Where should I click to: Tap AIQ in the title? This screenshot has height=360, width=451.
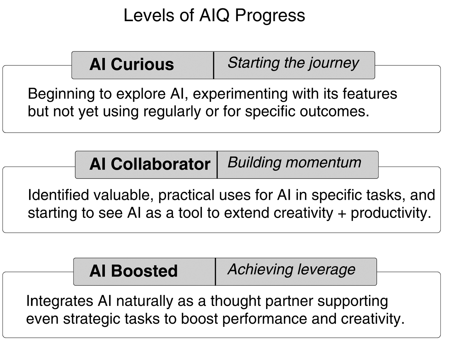pyautogui.click(x=214, y=15)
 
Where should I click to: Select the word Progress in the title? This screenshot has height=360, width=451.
pyautogui.click(x=270, y=16)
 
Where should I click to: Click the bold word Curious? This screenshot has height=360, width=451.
pyautogui.click(x=142, y=64)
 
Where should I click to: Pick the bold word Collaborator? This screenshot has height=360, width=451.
pyautogui.click(x=160, y=164)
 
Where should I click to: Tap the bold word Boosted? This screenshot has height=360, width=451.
pyautogui.click(x=144, y=271)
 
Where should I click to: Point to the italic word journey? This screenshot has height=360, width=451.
pyautogui.click(x=334, y=63)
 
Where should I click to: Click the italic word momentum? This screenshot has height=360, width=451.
pyautogui.click(x=323, y=162)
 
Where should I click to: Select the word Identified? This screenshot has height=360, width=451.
pyautogui.click(x=58, y=195)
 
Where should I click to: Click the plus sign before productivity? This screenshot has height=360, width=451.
pyautogui.click(x=342, y=214)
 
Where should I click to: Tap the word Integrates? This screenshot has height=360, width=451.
pyautogui.click(x=60, y=301)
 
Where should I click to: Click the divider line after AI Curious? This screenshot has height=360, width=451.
pyautogui.click(x=214, y=65)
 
